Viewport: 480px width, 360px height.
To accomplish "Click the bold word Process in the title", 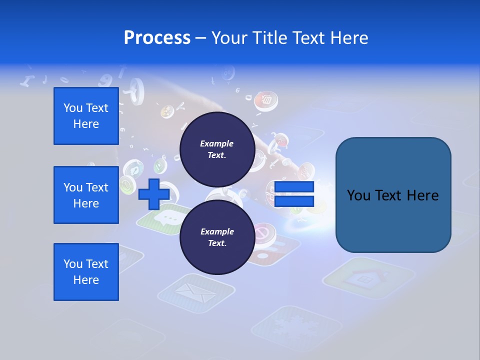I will tap(157, 38).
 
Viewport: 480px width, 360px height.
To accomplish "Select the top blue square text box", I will tap(86, 116).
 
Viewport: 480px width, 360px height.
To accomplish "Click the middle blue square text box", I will tap(86, 195).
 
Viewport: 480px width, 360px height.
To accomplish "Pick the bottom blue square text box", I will tap(86, 272).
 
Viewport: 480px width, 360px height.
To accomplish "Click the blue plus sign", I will tap(153, 194).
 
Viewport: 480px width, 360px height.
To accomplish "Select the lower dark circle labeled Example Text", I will tap(217, 237).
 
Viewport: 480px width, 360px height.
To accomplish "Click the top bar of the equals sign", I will tap(294, 187).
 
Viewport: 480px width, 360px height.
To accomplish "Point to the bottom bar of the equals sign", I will tap(294, 201).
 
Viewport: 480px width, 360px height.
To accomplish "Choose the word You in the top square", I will tap(73, 108).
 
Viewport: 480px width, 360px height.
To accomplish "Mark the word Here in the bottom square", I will tap(86, 280).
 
